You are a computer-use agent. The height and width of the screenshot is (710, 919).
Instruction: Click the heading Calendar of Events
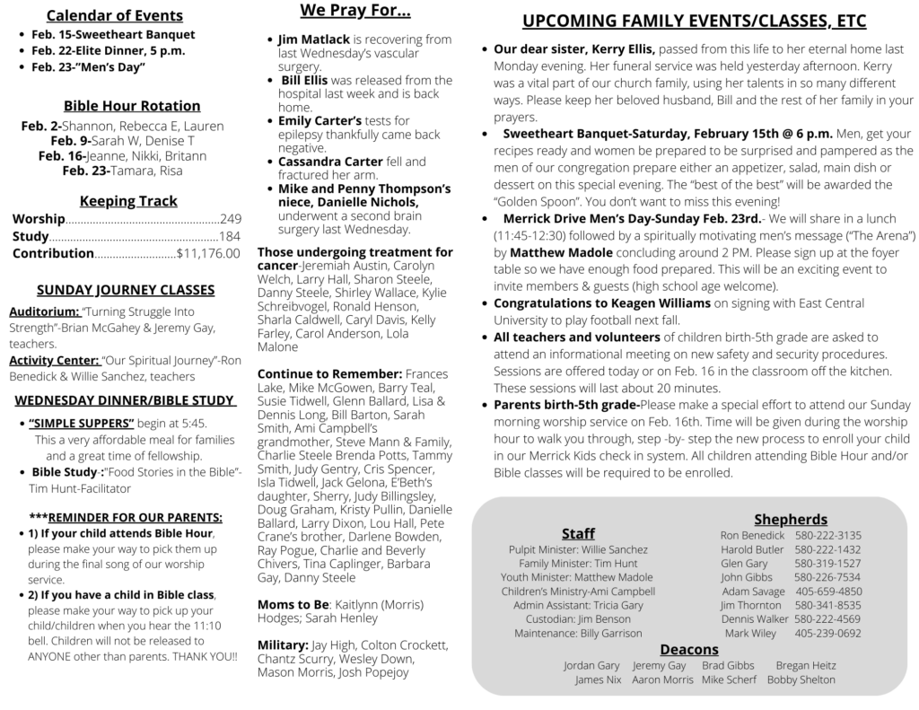pyautogui.click(x=114, y=15)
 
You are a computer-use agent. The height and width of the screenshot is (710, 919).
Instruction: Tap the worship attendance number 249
pyautogui.click(x=231, y=218)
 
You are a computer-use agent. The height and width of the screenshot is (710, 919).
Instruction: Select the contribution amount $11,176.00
pyautogui.click(x=208, y=253)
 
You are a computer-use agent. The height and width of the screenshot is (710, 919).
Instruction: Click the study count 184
pyautogui.click(x=230, y=236)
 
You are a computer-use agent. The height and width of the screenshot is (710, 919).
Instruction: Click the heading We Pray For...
pyautogui.click(x=355, y=12)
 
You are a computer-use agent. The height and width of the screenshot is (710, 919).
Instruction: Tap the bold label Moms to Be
pyautogui.click(x=292, y=605)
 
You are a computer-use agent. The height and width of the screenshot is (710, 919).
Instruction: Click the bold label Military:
pyautogui.click(x=283, y=645)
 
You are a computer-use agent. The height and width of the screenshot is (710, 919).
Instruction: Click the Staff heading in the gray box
pyautogui.click(x=578, y=534)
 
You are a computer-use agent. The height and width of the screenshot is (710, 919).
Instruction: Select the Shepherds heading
pyautogui.click(x=791, y=519)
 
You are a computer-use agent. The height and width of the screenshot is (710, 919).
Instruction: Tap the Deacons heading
pyautogui.click(x=689, y=648)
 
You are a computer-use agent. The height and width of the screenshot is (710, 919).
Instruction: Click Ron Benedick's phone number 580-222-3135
pyautogui.click(x=827, y=535)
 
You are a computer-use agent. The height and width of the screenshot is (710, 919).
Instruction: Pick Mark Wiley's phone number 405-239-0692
pyautogui.click(x=827, y=633)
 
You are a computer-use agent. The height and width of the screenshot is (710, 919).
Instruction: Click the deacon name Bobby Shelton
pyautogui.click(x=801, y=680)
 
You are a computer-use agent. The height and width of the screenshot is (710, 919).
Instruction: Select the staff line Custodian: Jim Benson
pyautogui.click(x=578, y=619)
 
